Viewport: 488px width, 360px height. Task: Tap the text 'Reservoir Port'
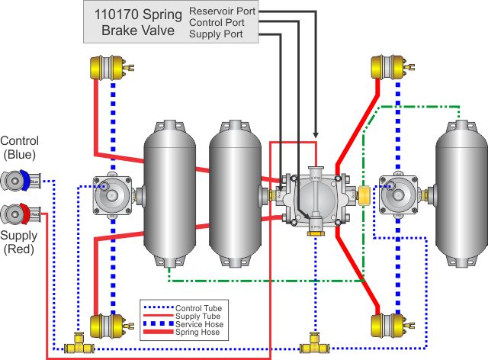click(223, 11)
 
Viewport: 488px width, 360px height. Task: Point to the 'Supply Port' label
click(217, 34)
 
